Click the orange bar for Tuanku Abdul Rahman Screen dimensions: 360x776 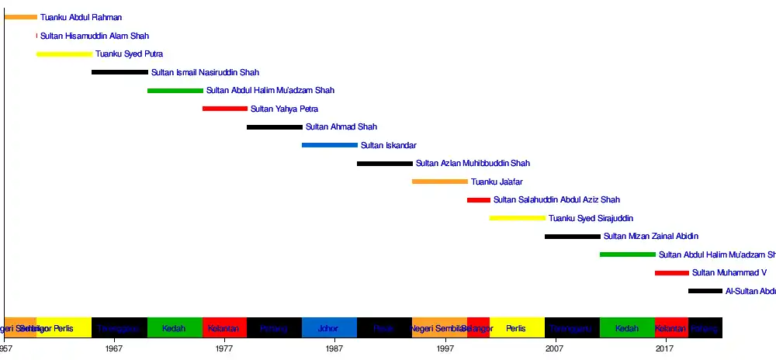click(x=20, y=17)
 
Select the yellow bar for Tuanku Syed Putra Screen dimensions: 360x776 click(x=64, y=54)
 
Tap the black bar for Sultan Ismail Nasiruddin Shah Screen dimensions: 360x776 click(x=120, y=72)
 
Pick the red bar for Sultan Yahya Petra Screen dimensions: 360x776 click(x=225, y=109)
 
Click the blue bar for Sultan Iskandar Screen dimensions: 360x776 click(x=330, y=145)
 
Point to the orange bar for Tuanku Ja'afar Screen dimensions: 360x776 click(x=440, y=182)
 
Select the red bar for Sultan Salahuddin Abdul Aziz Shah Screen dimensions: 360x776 click(x=479, y=200)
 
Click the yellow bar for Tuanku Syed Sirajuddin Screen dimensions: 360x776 click(x=518, y=218)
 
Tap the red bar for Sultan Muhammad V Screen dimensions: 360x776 click(x=672, y=273)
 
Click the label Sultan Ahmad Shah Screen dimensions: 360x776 click(x=341, y=127)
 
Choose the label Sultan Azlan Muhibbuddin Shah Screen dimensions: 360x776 click(x=473, y=164)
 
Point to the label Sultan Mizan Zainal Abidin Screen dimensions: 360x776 click(x=651, y=237)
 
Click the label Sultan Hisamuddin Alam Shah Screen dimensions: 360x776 click(x=95, y=36)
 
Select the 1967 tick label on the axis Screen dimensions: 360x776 click(x=115, y=349)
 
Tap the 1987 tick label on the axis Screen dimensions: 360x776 click(x=335, y=349)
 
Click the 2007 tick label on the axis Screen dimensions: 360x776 click(x=555, y=349)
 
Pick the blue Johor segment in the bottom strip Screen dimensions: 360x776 click(x=329, y=328)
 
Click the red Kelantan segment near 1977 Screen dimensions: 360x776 click(x=224, y=328)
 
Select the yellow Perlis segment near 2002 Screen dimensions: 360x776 click(x=517, y=328)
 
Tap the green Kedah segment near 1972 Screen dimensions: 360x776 click(x=175, y=328)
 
